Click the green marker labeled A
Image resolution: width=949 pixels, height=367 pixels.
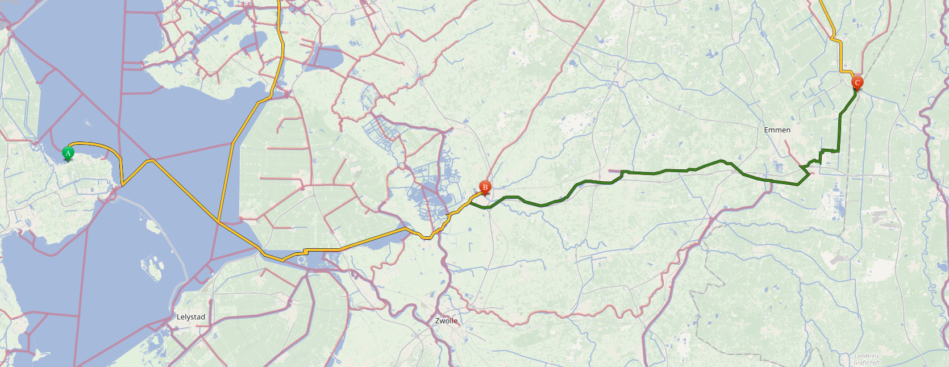[x=68, y=153]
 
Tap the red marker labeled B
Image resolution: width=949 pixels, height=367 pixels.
[x=485, y=187]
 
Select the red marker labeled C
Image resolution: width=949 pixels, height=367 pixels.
[x=857, y=83]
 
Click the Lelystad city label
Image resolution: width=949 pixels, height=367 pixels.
[x=191, y=317]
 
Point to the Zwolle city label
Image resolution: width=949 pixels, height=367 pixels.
[x=446, y=321]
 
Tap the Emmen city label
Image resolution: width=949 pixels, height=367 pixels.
[x=777, y=130]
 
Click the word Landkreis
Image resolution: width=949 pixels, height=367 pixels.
[x=867, y=356]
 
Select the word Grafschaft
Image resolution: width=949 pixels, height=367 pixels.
[x=867, y=362]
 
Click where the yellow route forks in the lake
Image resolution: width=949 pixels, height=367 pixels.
[x=218, y=221]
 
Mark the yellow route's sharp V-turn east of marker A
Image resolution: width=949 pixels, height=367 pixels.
[x=123, y=185]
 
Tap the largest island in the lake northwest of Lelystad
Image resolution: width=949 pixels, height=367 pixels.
[x=152, y=267]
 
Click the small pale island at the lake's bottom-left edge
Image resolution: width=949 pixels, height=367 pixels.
[x=40, y=355]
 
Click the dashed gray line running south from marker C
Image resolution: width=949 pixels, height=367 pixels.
[x=850, y=170]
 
